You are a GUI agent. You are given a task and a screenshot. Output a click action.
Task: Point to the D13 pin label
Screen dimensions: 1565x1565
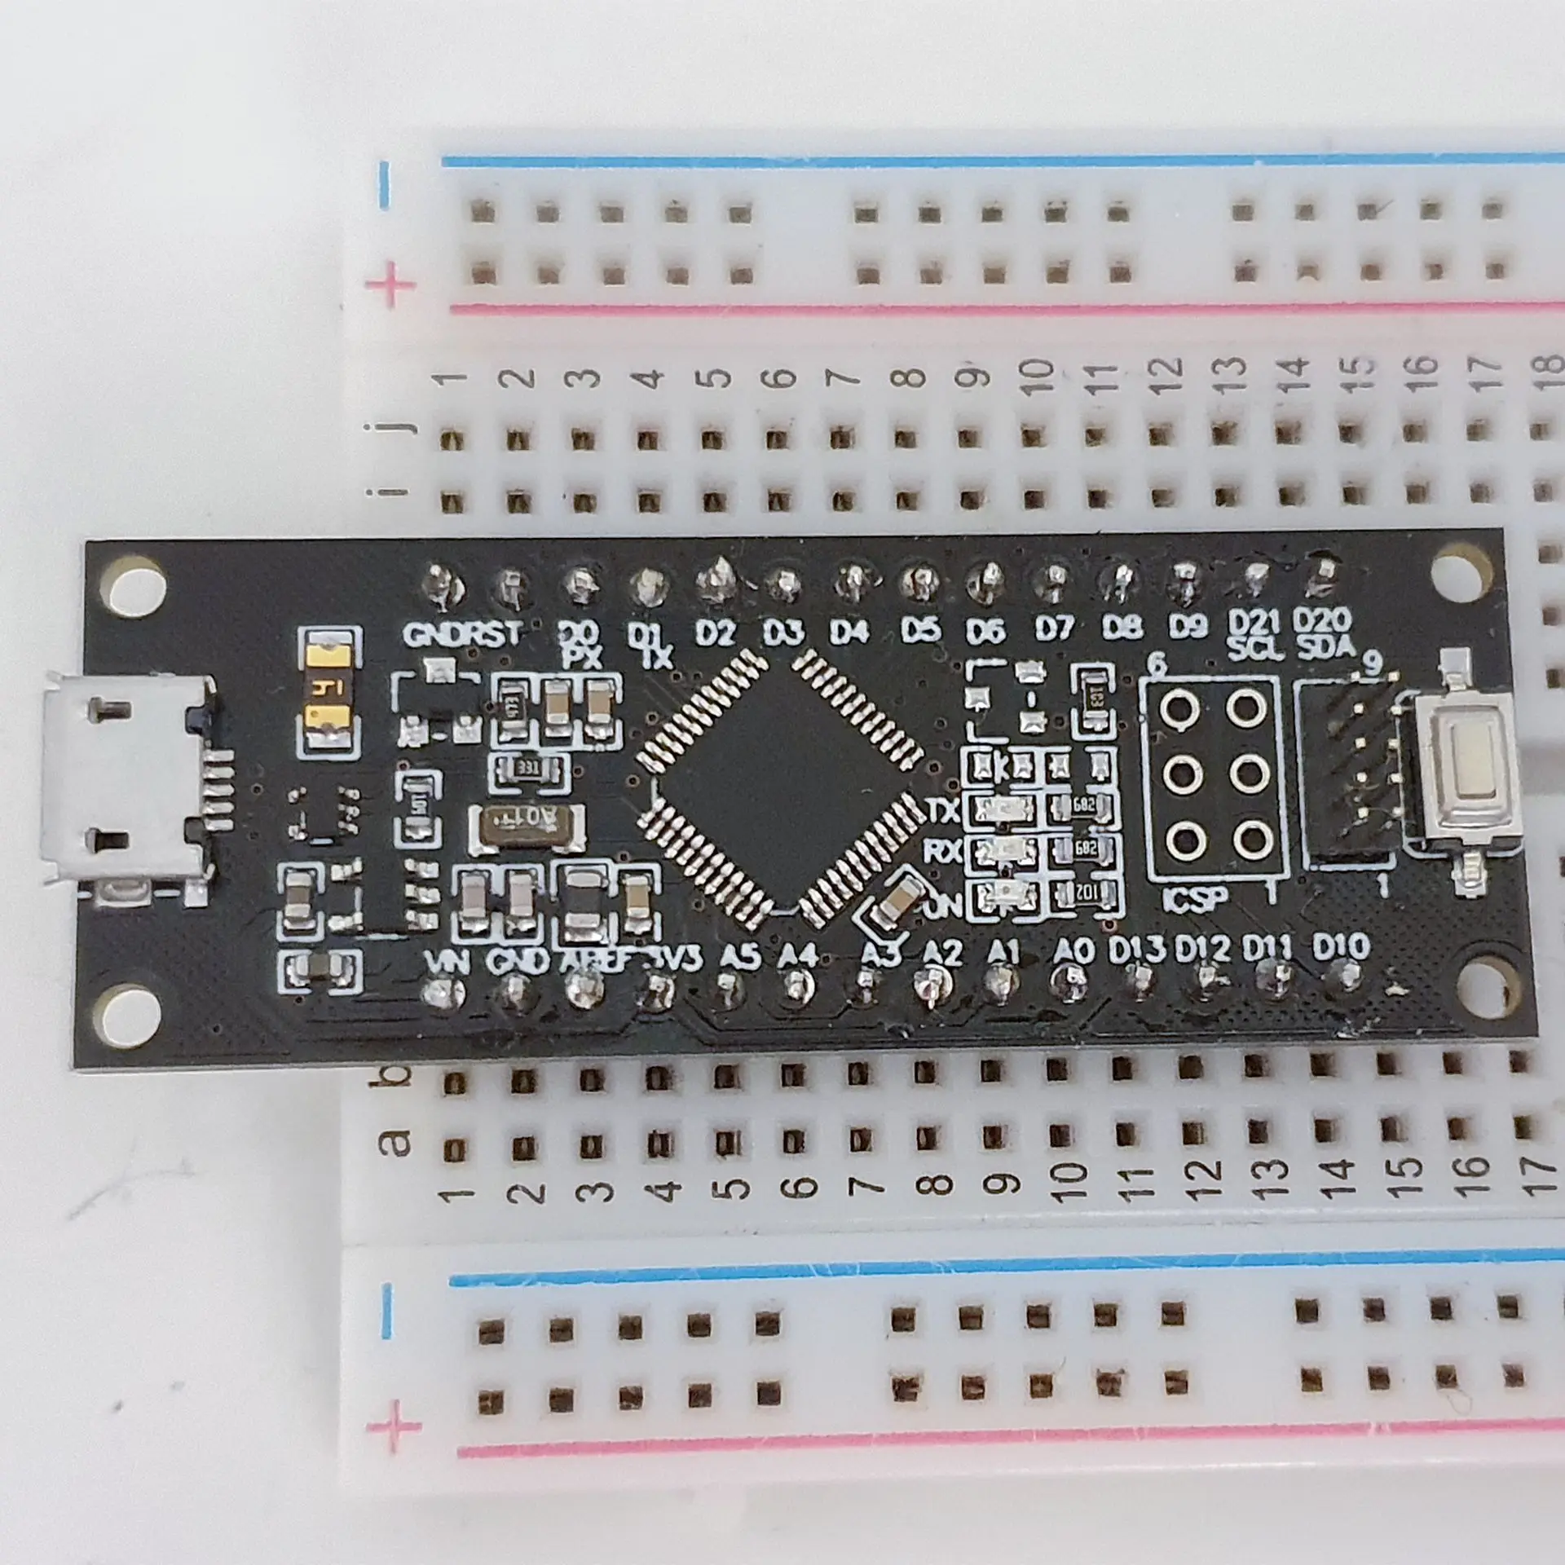pos(1138,949)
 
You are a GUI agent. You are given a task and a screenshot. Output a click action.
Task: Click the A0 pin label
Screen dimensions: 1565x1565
pos(1073,950)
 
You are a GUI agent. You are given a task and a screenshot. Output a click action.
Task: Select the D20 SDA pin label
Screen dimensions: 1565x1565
pos(1324,633)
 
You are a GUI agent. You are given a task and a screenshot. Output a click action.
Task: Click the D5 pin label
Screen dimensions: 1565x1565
pos(921,629)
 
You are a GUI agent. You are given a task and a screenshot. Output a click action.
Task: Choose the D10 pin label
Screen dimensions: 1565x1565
pos(1341,947)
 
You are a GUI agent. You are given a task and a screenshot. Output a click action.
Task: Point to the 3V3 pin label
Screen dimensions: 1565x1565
pos(674,959)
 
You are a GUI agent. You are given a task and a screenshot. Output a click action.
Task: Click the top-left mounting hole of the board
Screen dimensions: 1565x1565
pos(133,586)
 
